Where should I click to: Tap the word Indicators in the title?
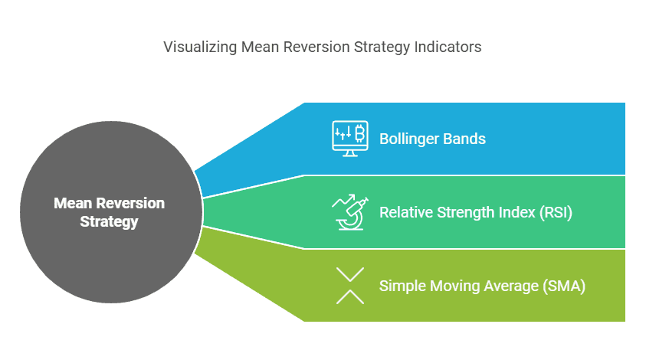(x=449, y=47)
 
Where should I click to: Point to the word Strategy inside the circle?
(x=109, y=223)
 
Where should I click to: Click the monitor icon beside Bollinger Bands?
(x=349, y=139)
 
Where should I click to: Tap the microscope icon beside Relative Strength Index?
(x=349, y=212)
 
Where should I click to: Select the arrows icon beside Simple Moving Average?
(x=349, y=286)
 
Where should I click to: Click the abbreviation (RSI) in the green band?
(x=555, y=212)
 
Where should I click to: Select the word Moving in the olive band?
(x=451, y=286)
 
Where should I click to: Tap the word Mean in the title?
(x=258, y=47)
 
